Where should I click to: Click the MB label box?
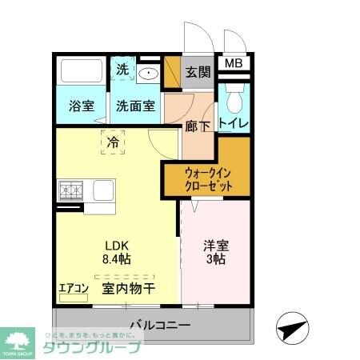[233, 63]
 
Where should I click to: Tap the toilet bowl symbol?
[234, 100]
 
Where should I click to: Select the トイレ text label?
[234, 124]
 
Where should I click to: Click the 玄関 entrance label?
[198, 72]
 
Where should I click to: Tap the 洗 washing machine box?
[122, 70]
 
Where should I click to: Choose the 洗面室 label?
[135, 105]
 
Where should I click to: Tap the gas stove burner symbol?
[70, 192]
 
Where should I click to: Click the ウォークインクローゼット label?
[209, 178]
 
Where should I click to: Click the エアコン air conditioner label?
[73, 288]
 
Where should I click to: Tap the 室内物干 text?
[127, 289]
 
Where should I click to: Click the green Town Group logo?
[18, 341]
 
